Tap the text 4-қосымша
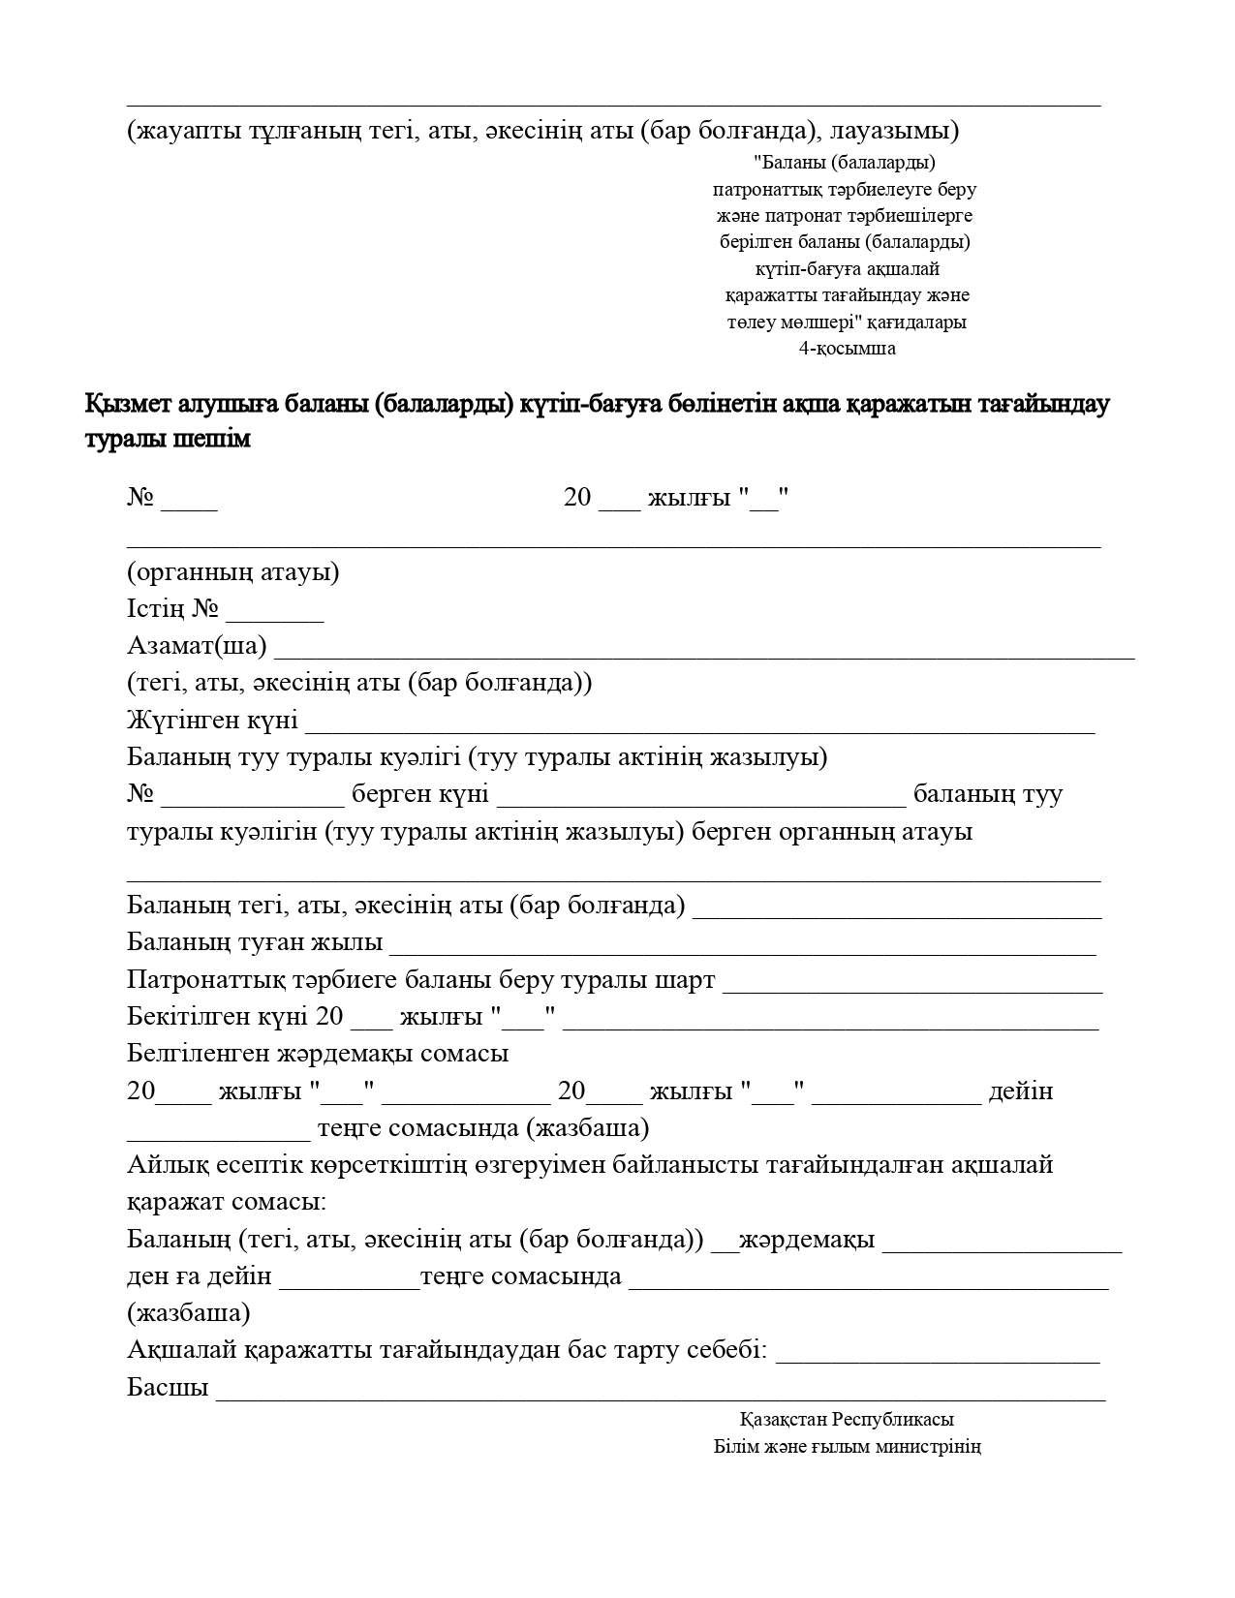(x=847, y=349)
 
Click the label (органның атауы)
(x=232, y=572)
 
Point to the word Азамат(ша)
(x=197, y=646)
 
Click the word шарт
(x=685, y=980)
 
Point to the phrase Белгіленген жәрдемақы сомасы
(x=318, y=1054)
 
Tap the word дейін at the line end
(x=1020, y=1091)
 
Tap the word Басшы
(x=168, y=1388)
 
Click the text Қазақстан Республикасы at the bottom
(x=847, y=1420)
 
